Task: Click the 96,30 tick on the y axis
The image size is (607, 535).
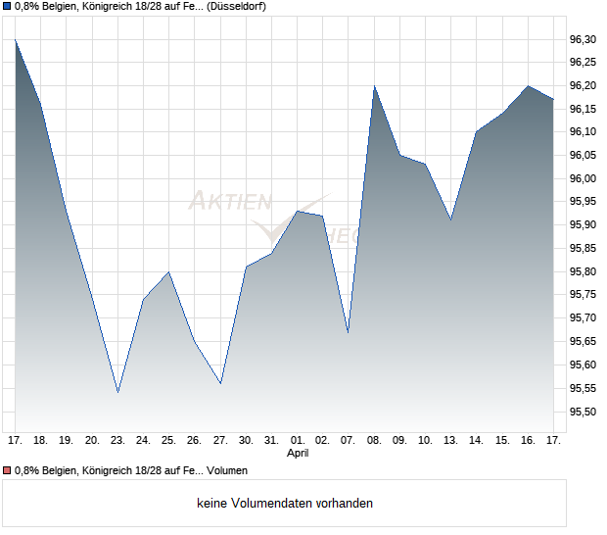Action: coord(583,39)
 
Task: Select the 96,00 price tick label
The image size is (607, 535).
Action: coord(583,178)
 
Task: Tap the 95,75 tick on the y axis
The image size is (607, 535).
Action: coord(583,295)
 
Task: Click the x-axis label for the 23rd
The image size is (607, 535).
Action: coord(117,440)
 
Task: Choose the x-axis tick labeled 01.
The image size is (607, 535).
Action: coord(298,440)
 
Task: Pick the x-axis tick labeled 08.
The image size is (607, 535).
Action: coord(374,440)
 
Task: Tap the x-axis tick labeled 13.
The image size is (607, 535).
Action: coord(451,440)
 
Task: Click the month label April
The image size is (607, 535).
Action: coord(298,454)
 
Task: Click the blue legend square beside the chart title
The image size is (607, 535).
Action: coord(7,6)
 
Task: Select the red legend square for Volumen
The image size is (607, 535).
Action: coord(7,470)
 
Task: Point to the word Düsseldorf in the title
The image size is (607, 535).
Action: coord(238,6)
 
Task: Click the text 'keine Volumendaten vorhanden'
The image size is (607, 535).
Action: coord(285,504)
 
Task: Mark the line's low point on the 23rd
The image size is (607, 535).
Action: coord(117,392)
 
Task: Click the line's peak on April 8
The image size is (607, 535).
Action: coord(374,86)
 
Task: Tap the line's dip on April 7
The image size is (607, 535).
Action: coord(349,332)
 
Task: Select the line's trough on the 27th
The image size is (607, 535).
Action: coord(220,383)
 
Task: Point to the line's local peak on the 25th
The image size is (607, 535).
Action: coord(169,271)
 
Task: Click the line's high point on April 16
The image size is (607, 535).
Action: coord(528,86)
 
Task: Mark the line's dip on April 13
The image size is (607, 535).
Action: coord(451,219)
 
